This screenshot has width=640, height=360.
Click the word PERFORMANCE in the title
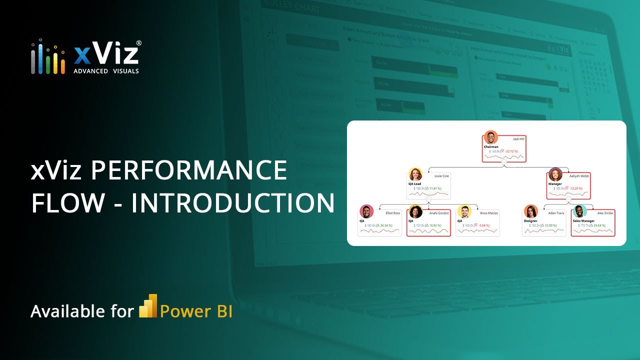(x=189, y=171)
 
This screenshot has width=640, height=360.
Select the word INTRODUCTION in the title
(x=233, y=203)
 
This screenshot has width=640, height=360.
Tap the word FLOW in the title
(x=68, y=203)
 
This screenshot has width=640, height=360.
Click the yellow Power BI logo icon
(x=148, y=306)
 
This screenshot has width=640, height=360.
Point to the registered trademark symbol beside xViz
(x=138, y=43)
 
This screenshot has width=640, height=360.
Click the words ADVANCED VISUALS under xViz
(x=106, y=71)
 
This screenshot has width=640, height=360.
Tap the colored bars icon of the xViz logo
(x=48, y=57)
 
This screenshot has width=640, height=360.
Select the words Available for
(x=82, y=311)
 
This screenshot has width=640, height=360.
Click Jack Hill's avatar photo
(x=491, y=137)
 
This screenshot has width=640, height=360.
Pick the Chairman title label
(x=491, y=146)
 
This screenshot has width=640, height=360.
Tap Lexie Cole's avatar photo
(x=415, y=174)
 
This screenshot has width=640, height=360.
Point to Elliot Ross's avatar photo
(x=366, y=211)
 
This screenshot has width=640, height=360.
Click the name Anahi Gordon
(x=439, y=213)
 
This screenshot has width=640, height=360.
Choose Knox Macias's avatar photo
(x=463, y=211)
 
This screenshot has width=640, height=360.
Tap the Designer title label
(x=530, y=220)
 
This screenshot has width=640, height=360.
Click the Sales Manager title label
(x=583, y=220)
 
